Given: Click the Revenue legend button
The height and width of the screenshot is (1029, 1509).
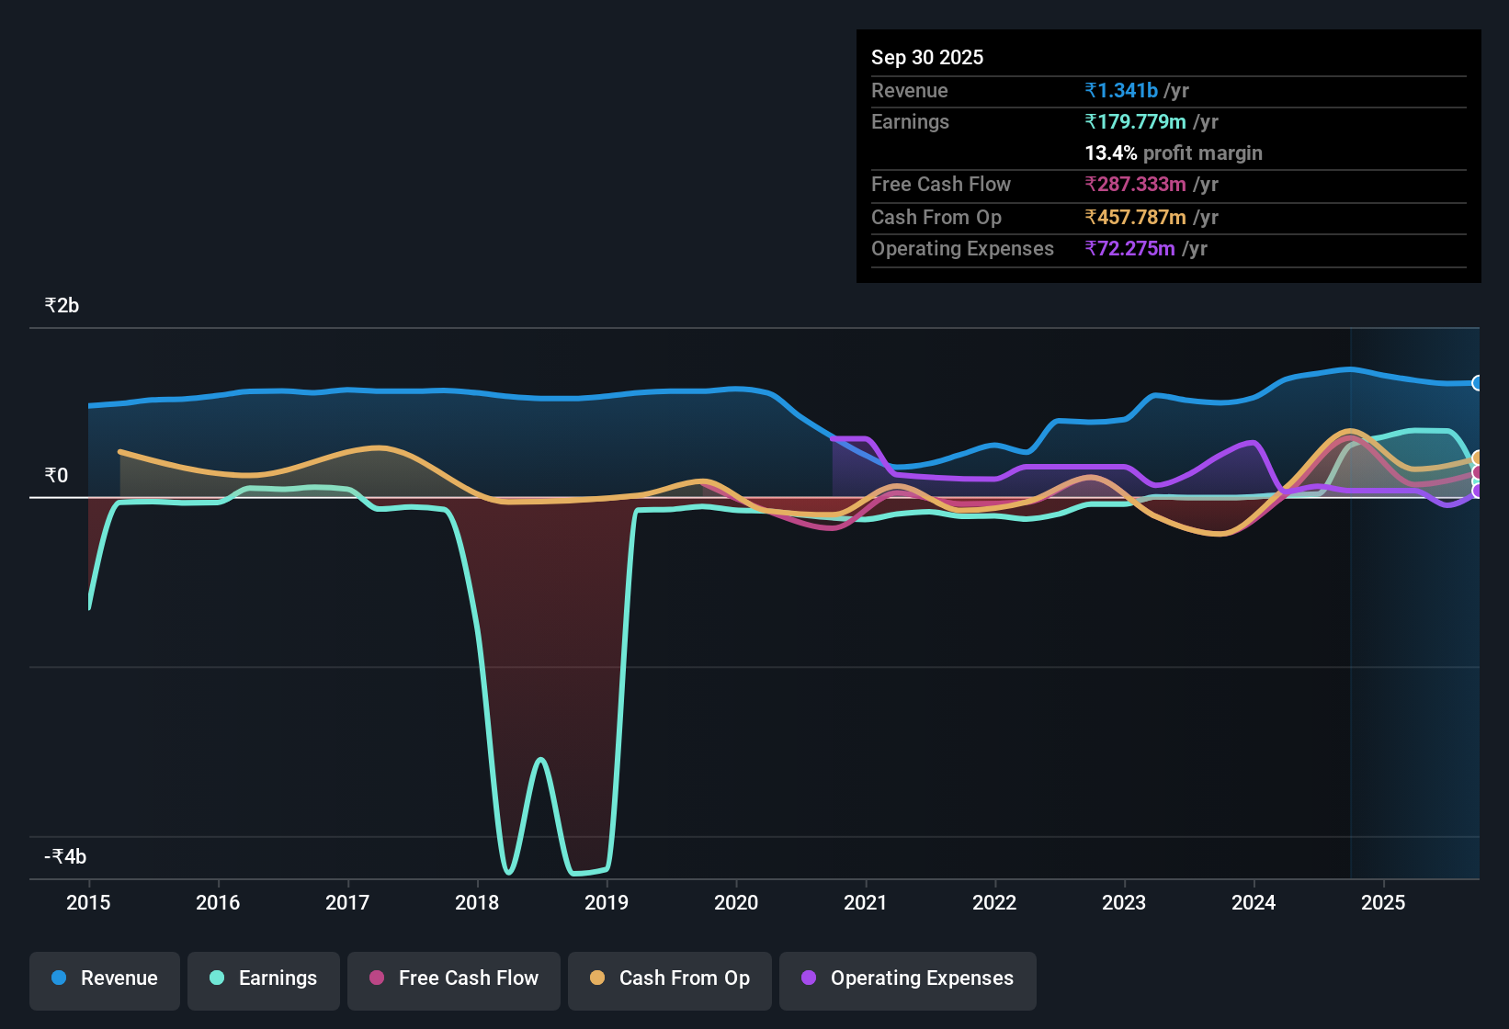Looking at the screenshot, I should [x=105, y=978].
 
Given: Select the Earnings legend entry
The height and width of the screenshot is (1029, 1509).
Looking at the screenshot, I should [x=264, y=978].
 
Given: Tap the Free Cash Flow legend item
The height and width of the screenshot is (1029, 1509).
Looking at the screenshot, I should [x=454, y=978].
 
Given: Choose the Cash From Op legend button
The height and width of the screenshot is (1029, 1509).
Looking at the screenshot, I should [x=670, y=978].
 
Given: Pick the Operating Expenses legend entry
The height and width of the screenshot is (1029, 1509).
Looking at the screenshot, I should [x=908, y=978].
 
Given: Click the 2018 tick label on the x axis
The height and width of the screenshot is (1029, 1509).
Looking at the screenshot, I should [x=477, y=902].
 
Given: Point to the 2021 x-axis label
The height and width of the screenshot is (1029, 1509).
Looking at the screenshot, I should [x=866, y=902].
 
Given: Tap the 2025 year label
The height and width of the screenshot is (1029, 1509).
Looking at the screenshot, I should [x=1383, y=902].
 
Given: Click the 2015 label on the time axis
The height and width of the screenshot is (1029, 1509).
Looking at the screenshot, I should [x=88, y=902].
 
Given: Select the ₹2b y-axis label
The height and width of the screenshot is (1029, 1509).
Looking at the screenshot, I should [x=62, y=306].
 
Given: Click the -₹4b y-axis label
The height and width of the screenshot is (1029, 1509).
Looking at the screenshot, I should [x=65, y=856].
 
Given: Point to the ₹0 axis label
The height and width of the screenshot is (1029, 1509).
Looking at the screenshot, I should [x=56, y=475].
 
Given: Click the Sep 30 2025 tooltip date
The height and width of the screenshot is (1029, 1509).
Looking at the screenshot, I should [x=927, y=57].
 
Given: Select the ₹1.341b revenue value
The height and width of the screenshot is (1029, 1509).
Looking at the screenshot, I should [x=1121, y=90].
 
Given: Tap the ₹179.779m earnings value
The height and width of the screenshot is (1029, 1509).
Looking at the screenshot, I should [x=1135, y=121].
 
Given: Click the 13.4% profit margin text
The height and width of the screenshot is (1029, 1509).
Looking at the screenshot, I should [x=1174, y=153].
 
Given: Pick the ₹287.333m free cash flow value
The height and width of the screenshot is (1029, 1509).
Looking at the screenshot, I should [x=1135, y=184].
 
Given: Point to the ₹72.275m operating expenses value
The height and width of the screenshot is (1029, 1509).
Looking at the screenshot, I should [x=1129, y=248].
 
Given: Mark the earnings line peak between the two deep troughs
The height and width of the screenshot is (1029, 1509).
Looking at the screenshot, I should [x=540, y=759].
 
